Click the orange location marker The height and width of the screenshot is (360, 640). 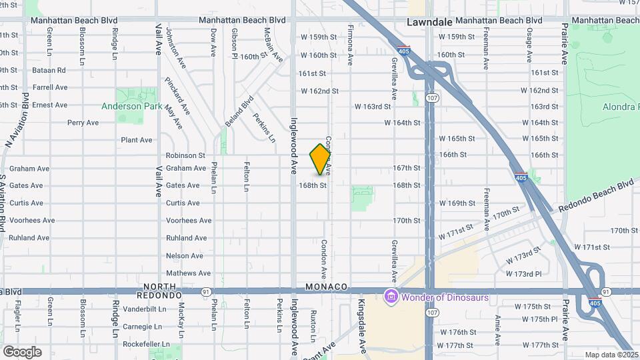click(321, 159)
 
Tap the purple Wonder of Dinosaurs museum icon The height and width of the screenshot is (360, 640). click(391, 297)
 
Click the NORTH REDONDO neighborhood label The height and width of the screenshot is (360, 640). click(159, 291)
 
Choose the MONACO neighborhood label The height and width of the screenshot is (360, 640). click(327, 287)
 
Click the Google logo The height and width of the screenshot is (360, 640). click(22, 351)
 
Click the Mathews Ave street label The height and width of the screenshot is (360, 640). click(188, 273)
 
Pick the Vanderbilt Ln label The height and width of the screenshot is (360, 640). click(143, 309)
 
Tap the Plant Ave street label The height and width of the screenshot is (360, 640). click(137, 140)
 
